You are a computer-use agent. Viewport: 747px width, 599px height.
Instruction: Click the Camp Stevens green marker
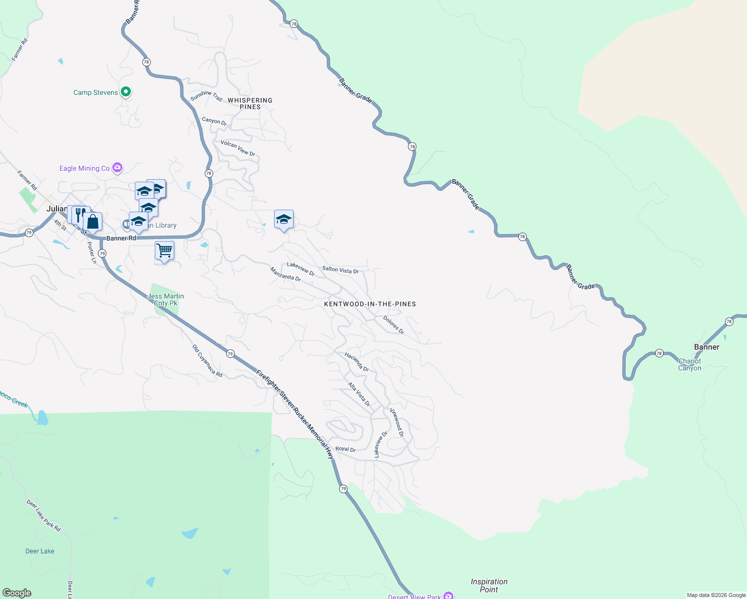point(126,91)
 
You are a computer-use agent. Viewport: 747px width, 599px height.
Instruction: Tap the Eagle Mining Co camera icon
point(117,168)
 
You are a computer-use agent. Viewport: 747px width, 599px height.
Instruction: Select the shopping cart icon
point(164,251)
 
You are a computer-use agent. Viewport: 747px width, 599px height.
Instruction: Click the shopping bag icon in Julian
point(93,222)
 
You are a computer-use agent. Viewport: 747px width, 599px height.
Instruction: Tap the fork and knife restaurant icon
point(79,215)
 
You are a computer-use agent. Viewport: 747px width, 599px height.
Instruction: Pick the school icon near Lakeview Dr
point(284,220)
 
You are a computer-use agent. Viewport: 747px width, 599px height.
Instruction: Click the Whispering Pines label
point(250,103)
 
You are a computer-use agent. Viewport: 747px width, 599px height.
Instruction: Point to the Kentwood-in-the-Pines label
point(370,304)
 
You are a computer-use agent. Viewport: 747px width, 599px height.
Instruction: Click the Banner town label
point(707,347)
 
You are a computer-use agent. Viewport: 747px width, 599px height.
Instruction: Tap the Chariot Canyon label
point(690,364)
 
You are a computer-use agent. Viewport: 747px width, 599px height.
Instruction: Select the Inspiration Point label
point(489,586)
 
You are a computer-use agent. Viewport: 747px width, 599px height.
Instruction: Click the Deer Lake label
point(40,551)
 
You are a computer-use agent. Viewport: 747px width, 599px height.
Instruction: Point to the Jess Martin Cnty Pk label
point(166,299)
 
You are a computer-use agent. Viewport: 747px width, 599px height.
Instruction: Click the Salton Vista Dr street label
point(341,270)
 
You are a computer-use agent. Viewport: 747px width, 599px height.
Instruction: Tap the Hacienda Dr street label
point(357,362)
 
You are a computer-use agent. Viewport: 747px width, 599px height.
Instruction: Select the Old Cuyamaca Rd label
point(207,360)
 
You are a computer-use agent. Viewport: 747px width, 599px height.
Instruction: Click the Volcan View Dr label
point(238,148)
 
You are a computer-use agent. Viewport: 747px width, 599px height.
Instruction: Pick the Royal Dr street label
point(346,449)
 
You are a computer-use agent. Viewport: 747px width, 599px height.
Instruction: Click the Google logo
point(17,593)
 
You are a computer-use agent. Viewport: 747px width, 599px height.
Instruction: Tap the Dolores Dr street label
point(393,325)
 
